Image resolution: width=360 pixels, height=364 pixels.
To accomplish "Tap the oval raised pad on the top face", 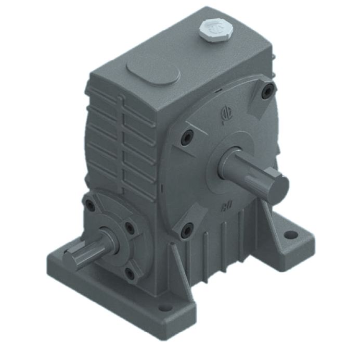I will pos(153,71).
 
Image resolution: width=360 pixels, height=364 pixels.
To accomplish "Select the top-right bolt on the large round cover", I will pos(267,92).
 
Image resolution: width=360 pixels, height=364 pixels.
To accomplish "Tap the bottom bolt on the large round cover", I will pos(186,229).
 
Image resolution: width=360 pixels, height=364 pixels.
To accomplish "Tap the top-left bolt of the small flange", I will pos(90,206).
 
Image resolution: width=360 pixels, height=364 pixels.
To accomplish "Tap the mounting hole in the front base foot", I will pos(165,307).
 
